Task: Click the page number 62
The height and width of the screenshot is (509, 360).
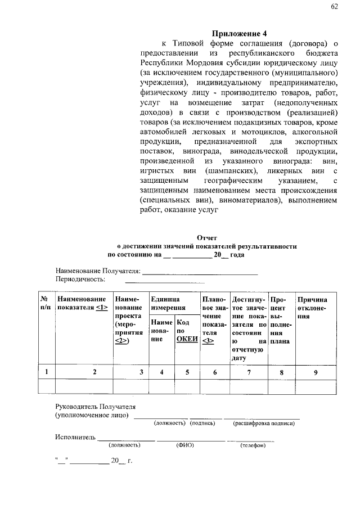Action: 335,7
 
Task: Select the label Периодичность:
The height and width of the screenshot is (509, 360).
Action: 80,279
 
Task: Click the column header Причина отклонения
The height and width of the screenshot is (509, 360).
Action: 312,308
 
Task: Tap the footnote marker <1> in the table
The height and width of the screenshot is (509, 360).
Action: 101,308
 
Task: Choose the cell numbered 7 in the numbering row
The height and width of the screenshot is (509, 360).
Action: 249,372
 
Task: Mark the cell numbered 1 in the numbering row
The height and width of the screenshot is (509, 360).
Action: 46,372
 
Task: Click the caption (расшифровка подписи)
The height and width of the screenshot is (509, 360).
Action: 264,423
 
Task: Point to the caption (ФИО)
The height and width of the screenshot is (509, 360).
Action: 185,445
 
